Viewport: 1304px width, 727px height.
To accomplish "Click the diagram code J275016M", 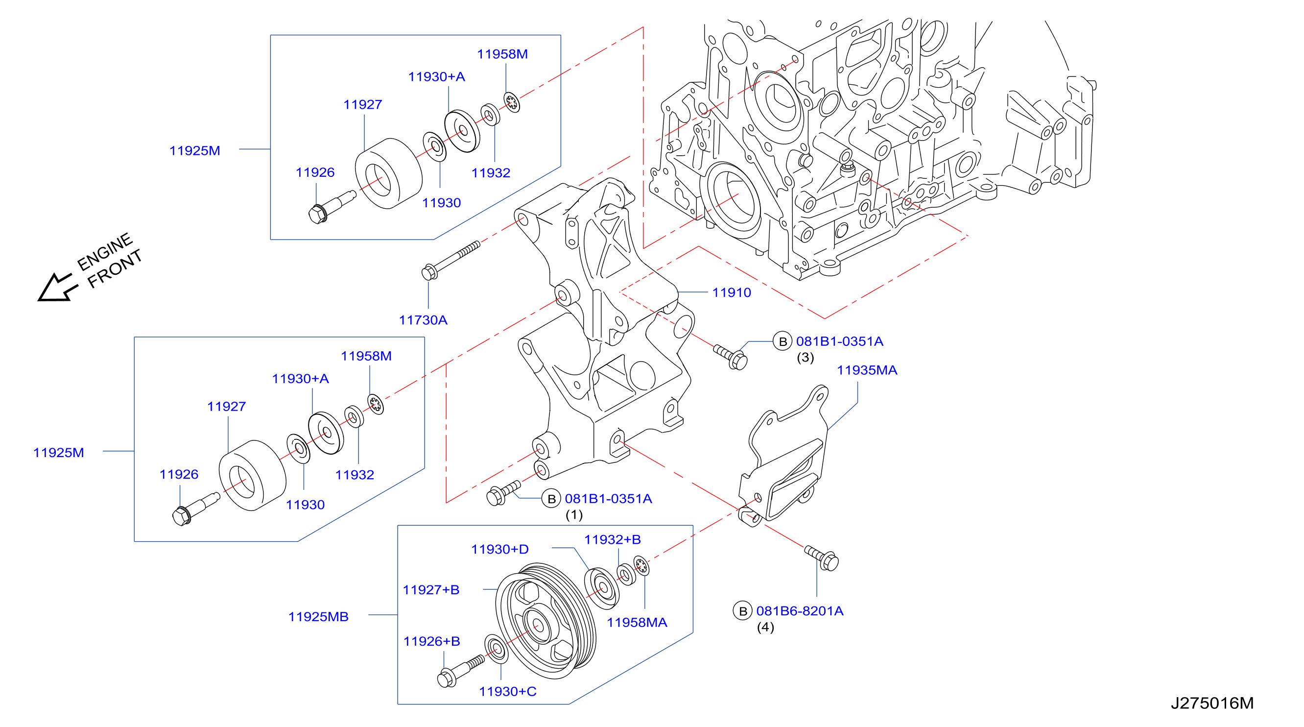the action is [1212, 703].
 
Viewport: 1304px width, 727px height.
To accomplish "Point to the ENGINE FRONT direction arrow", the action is [57, 288].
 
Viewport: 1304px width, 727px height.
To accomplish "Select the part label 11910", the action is [732, 292].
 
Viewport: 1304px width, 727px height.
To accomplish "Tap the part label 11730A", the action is [423, 320].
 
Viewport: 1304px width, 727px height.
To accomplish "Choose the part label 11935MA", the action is [867, 370].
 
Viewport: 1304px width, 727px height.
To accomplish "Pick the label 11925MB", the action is [318, 617].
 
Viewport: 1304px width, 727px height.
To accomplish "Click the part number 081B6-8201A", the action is [800, 611].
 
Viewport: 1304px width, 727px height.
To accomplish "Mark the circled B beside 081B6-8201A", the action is [743, 611].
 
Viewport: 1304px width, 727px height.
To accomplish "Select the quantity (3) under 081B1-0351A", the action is [806, 358].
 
